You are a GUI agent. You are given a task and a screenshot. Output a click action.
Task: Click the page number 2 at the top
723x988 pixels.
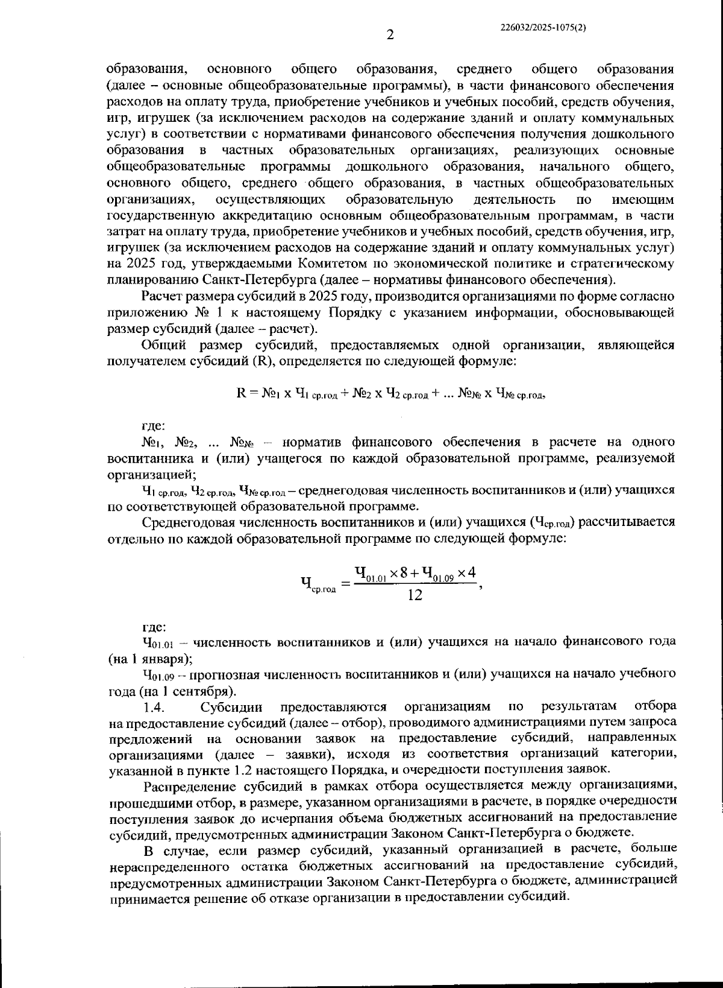pyautogui.click(x=390, y=35)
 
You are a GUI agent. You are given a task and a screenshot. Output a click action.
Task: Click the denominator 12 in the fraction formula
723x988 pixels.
pyautogui.click(x=415, y=595)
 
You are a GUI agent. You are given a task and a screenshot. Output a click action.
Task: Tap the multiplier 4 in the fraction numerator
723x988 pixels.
pyautogui.click(x=472, y=571)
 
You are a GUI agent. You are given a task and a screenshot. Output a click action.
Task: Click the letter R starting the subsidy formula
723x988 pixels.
pyautogui.click(x=241, y=393)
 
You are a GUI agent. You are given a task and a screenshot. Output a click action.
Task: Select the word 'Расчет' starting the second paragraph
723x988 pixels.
pyautogui.click(x=161, y=296)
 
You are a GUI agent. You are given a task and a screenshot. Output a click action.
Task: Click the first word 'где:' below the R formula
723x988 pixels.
pyautogui.click(x=154, y=426)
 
